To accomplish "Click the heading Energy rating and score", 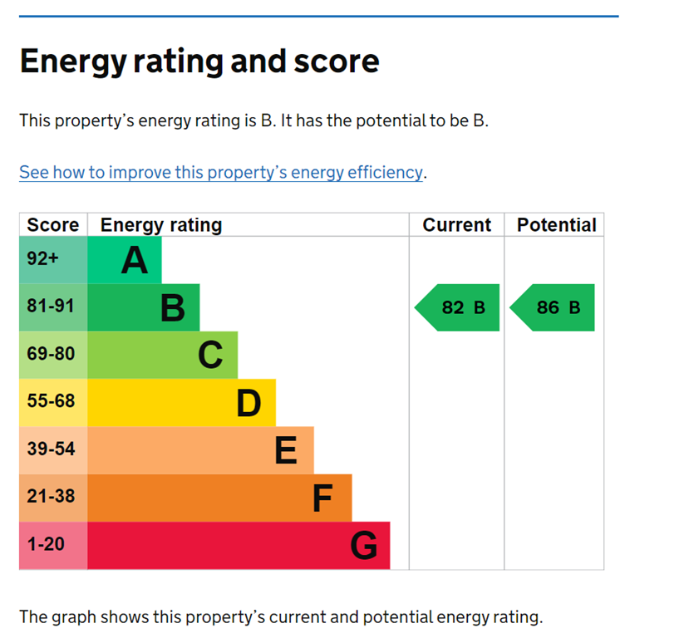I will [199, 61].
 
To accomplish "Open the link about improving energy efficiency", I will [221, 173].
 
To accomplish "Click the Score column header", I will [52, 225].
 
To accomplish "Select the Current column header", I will [456, 225].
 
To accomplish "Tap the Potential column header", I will [556, 225].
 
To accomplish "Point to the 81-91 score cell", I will [51, 307].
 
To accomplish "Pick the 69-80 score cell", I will [51, 354].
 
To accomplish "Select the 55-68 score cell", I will [51, 401].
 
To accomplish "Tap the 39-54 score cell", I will [51, 449].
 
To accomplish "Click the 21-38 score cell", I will [51, 497].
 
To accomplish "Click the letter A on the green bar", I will [135, 261].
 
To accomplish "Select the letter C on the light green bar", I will [210, 356].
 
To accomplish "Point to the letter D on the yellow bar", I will [248, 404].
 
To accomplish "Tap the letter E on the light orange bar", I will [286, 451].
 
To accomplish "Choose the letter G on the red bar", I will [364, 547].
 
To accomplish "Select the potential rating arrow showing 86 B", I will [554, 307].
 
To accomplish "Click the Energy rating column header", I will [161, 225].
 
